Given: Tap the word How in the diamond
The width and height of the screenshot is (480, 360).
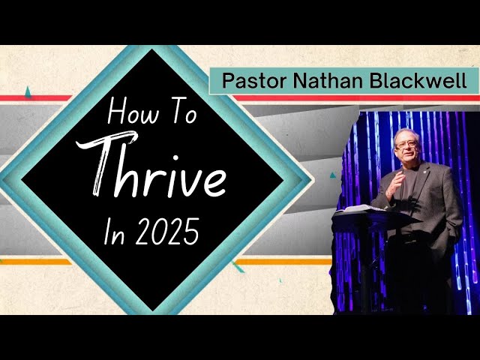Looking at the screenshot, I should tap(125, 114).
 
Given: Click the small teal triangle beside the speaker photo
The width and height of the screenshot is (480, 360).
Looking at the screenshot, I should tap(332, 175).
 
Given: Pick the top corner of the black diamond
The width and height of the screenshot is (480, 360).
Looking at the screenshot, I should tap(157, 51).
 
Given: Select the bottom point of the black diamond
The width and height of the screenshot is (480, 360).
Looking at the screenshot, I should tap(157, 309).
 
